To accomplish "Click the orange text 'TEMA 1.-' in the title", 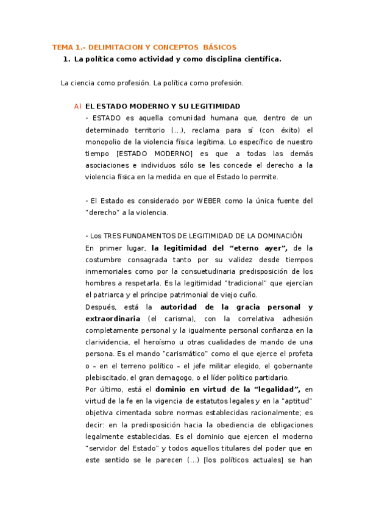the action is pos(66,47).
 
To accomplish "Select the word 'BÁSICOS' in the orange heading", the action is pos(219,47).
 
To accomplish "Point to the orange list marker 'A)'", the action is pos(77,106).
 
